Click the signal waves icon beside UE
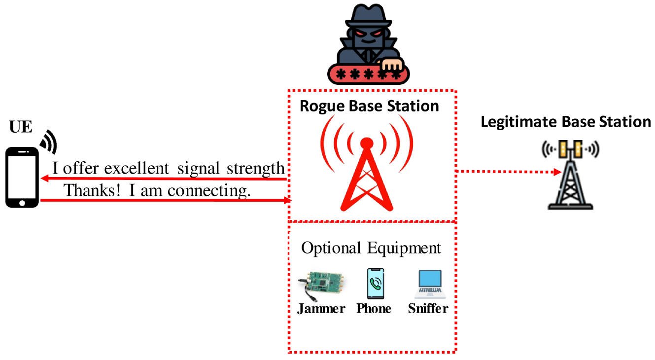49,141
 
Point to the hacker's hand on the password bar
393,65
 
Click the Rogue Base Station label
369,106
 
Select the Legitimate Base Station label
566,122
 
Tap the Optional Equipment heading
371,248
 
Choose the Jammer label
321,309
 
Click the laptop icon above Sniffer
430,285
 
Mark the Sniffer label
428,309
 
